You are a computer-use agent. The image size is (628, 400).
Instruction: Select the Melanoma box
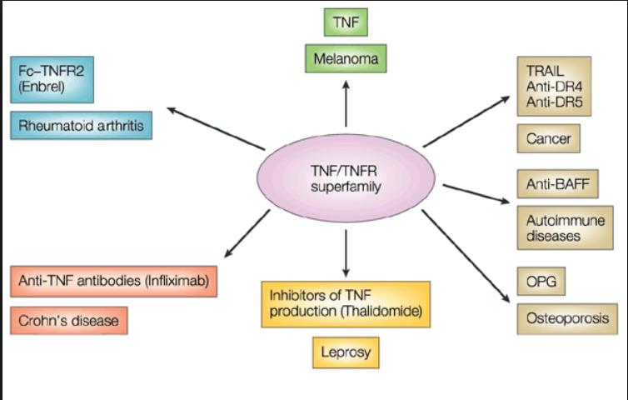coord(346,59)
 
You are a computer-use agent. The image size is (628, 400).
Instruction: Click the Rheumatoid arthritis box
coord(82,125)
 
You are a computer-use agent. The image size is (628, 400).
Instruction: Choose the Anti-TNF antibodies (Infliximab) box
coord(114,282)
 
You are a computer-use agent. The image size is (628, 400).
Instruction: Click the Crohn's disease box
coord(70,320)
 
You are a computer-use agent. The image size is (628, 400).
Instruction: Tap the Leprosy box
coord(346,352)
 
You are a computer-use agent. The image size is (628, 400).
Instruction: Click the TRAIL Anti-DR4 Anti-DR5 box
coord(554,86)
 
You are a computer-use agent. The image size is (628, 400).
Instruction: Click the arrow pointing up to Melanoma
coord(346,106)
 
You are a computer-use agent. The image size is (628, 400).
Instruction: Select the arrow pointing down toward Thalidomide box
coord(346,251)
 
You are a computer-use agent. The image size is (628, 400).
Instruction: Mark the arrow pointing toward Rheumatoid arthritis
coord(215,127)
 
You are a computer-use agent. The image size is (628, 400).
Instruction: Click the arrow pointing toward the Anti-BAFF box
coord(474,192)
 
